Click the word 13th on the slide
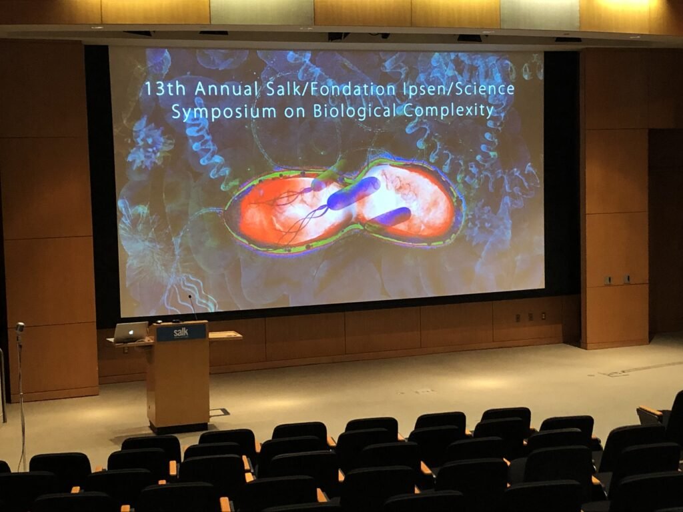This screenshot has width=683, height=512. pyautogui.click(x=165, y=89)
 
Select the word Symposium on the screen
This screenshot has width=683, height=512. pyautogui.click(x=224, y=112)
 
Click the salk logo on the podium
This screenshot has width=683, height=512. pyautogui.click(x=181, y=333)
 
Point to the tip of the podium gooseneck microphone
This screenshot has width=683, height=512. pyautogui.click(x=190, y=297)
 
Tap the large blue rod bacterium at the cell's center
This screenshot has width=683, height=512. pyautogui.click(x=354, y=193)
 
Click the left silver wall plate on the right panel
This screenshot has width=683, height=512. pyautogui.click(x=608, y=280)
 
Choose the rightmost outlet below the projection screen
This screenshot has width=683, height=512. pyautogui.click(x=543, y=315)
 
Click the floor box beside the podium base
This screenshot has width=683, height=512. pyautogui.click(x=219, y=412)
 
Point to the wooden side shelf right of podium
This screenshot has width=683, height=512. pyautogui.click(x=225, y=335)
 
